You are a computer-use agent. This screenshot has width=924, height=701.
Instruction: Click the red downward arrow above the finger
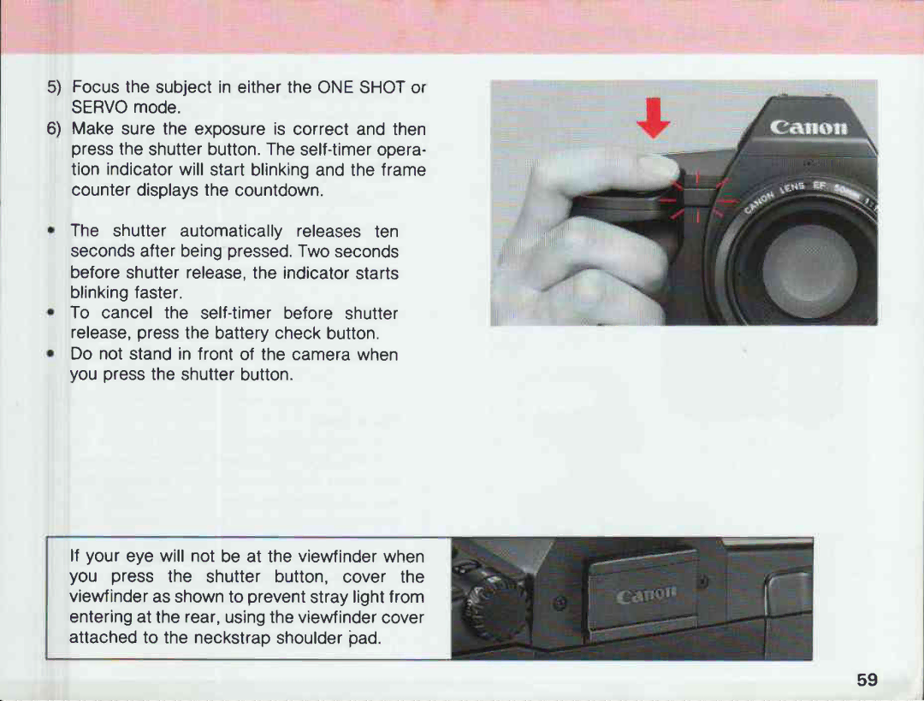click(x=654, y=118)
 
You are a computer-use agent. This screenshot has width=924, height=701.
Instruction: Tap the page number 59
click(x=867, y=680)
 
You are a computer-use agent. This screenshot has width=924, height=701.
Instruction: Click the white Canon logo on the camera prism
click(x=808, y=129)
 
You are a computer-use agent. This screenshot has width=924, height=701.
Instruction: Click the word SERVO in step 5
click(x=99, y=108)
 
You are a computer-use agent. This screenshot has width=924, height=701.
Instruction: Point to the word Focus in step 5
click(x=96, y=87)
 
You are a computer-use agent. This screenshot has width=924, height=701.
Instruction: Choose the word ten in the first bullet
click(x=386, y=231)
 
